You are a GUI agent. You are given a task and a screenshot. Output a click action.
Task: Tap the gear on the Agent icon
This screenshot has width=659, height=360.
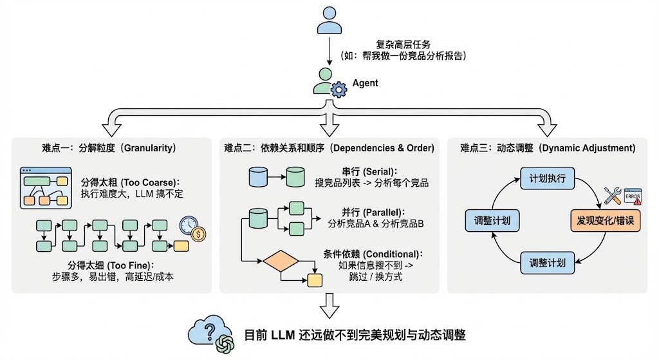pyautogui.click(x=338, y=91)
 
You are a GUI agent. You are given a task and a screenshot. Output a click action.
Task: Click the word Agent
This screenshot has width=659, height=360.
pyautogui.click(x=365, y=83)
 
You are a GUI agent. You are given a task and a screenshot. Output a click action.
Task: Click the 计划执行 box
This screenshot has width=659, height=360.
pyautogui.click(x=547, y=178)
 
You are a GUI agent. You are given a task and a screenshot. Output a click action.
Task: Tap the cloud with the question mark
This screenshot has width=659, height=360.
pyautogui.click(x=203, y=330)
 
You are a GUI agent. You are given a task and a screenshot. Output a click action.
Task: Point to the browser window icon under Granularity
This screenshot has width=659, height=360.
pyautogui.click(x=44, y=188)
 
